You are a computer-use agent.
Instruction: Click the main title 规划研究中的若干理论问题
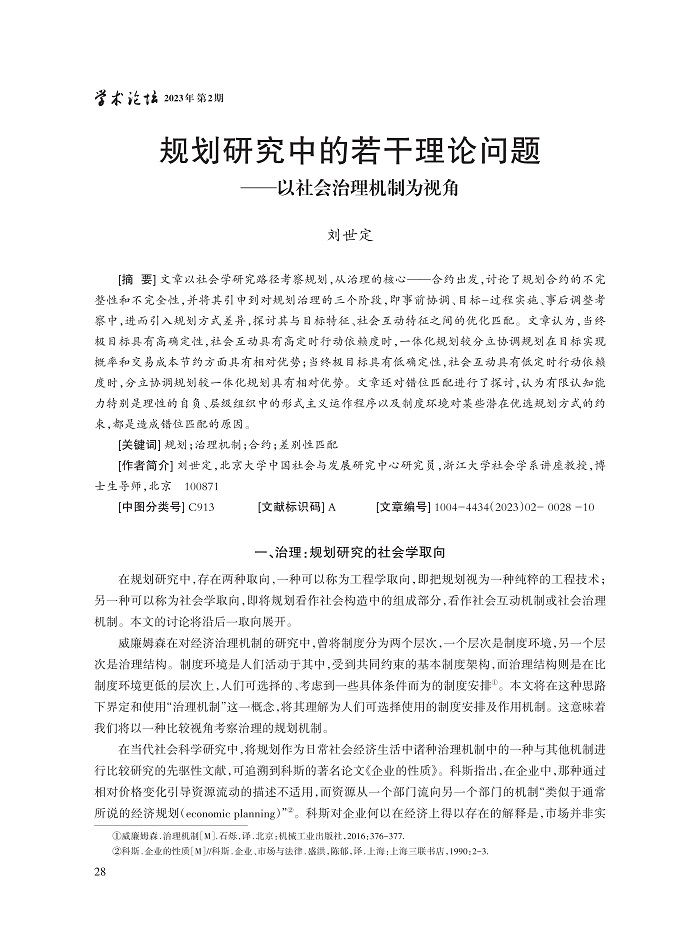(x=350, y=153)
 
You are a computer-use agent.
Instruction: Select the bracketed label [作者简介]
(x=144, y=465)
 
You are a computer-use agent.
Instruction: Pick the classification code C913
(x=201, y=507)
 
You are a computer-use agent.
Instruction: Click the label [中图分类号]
(x=150, y=507)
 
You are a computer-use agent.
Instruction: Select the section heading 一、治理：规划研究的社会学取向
(x=349, y=553)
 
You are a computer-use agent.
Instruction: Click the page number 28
(x=98, y=872)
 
